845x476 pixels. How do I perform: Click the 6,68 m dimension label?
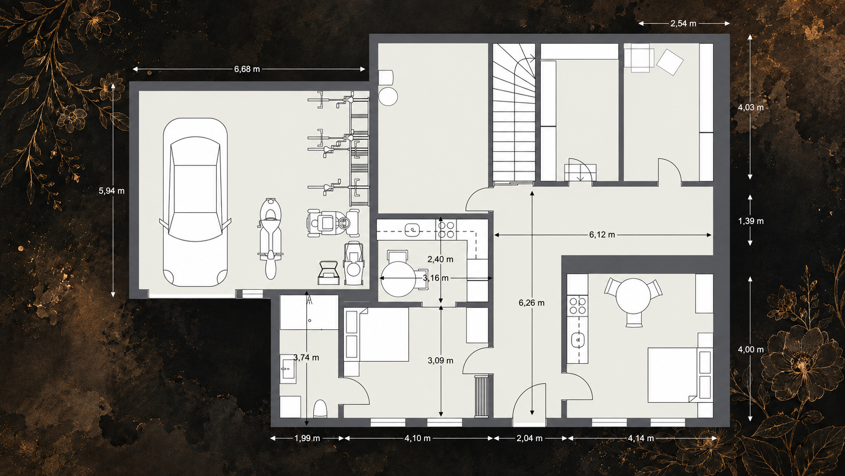click(247, 69)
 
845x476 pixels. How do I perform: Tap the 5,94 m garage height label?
click(111, 191)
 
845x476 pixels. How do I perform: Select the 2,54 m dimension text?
click(683, 23)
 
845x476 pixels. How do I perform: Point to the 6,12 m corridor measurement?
click(602, 235)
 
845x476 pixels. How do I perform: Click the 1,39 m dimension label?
click(750, 221)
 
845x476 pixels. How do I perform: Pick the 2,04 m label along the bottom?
click(529, 438)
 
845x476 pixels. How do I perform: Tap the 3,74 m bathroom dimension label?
click(306, 358)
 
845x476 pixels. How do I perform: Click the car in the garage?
click(195, 202)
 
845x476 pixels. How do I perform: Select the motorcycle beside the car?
click(270, 239)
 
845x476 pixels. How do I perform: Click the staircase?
click(514, 113)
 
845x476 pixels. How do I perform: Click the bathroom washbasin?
click(288, 369)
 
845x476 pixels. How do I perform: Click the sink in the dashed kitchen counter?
click(412, 229)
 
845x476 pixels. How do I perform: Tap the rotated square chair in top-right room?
click(670, 62)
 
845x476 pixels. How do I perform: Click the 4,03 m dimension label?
click(750, 108)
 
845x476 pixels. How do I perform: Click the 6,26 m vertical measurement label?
click(531, 302)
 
